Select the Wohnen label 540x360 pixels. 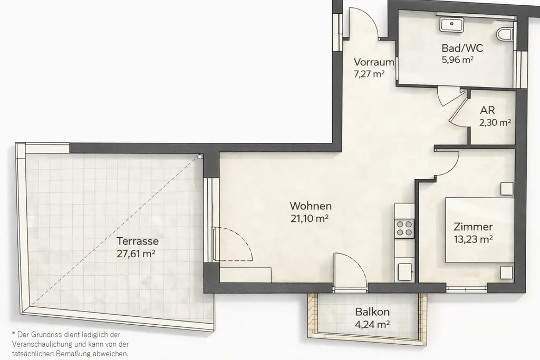point(311,206)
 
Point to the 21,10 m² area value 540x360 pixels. point(311,218)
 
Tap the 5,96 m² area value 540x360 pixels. point(457,60)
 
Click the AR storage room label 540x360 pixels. point(487,112)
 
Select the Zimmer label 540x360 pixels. point(473,227)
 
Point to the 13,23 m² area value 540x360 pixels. point(473,239)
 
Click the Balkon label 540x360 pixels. point(372,312)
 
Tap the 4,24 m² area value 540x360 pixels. point(372,324)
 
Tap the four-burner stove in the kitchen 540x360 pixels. point(404,228)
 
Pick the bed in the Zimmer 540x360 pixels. point(479,230)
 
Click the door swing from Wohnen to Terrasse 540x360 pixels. point(233,244)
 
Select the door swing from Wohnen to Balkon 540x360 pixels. point(349,268)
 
